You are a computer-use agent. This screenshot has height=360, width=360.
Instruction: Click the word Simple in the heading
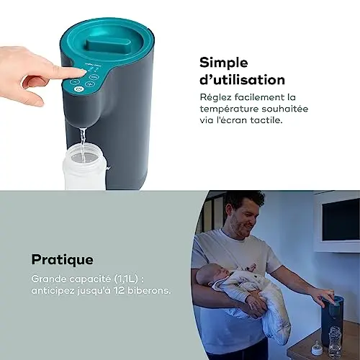(x=224, y=63)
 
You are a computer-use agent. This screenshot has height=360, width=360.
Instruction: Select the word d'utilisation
(x=242, y=79)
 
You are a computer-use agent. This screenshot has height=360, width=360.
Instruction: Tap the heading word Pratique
(x=63, y=260)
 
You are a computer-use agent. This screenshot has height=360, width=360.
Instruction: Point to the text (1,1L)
(x=126, y=279)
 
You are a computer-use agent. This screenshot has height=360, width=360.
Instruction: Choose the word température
(x=229, y=109)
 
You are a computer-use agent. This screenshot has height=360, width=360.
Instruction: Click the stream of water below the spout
(x=82, y=140)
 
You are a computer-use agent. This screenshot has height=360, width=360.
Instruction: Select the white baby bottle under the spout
(x=84, y=168)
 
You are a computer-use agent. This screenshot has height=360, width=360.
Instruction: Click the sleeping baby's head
(x=207, y=276)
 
